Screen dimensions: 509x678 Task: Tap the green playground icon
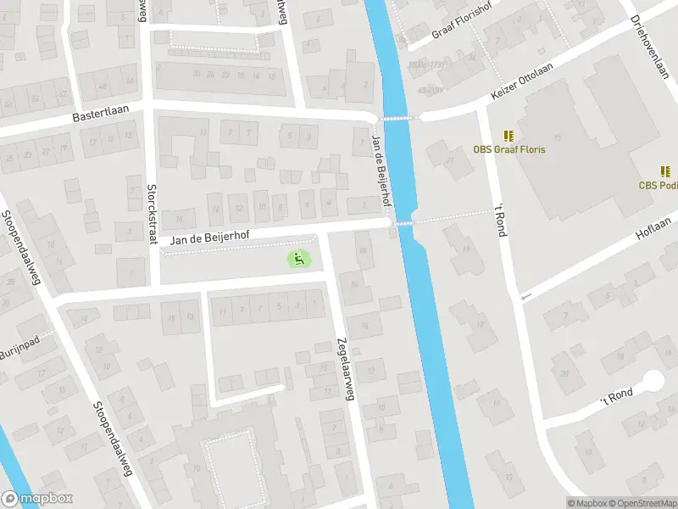(x=297, y=258)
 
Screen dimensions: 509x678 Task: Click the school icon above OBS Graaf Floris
(x=508, y=136)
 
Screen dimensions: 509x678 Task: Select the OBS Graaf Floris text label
(x=508, y=150)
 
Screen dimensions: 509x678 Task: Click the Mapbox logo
(x=37, y=499)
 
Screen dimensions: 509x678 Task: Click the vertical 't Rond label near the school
(x=500, y=219)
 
